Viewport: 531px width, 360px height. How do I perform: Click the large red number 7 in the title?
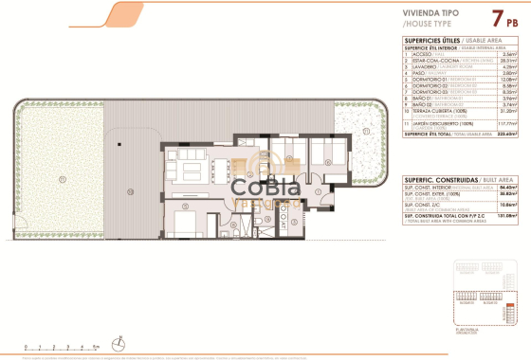[x=496, y=17]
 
